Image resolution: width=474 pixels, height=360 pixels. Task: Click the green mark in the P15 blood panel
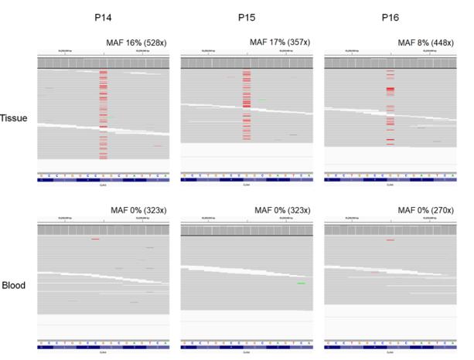[x=301, y=284]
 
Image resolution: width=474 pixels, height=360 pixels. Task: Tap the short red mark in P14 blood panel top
[x=95, y=239]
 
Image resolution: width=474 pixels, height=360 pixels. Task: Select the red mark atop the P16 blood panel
[x=390, y=240]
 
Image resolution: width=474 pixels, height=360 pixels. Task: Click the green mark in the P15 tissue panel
[x=264, y=100]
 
